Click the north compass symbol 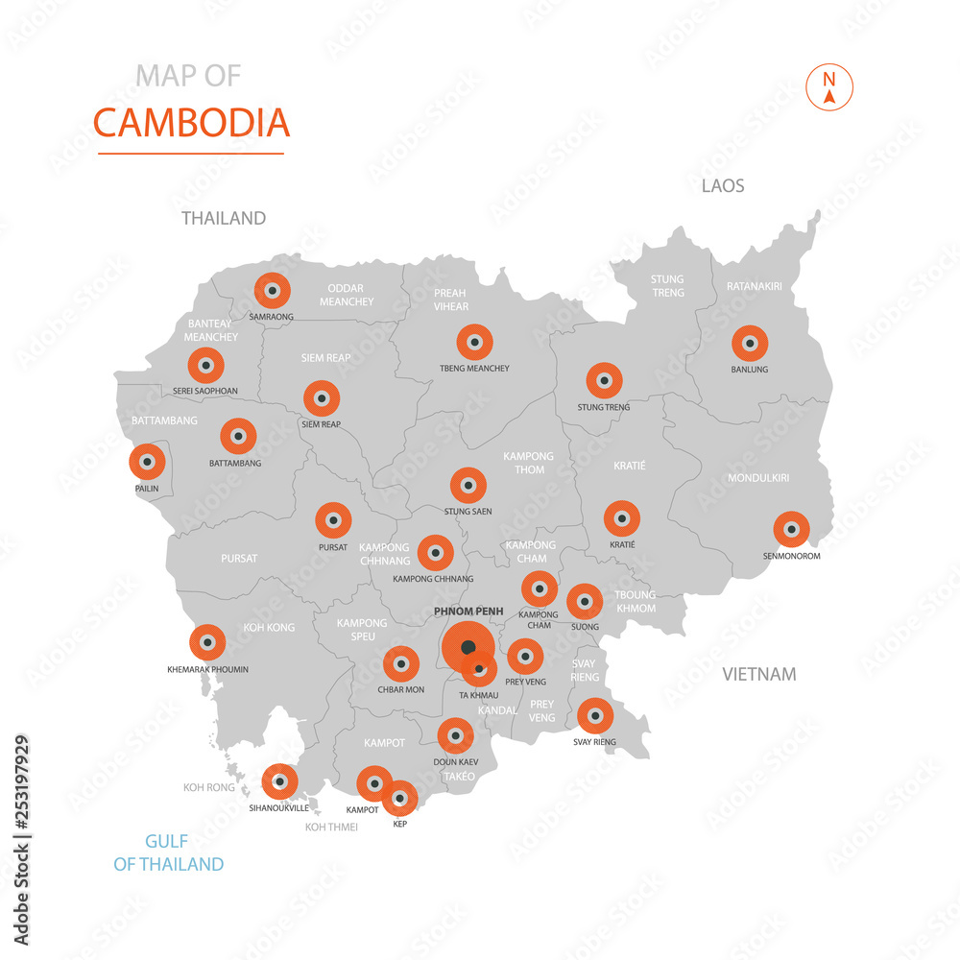(x=831, y=87)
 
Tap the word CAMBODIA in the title (x=191, y=123)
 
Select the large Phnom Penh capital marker (x=468, y=647)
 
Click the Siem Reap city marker (x=322, y=398)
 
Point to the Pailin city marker (x=147, y=462)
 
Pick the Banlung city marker (x=750, y=343)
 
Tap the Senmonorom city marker (x=791, y=529)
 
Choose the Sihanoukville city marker (x=279, y=781)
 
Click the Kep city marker (x=399, y=798)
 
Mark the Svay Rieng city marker (x=595, y=715)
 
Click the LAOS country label (x=723, y=186)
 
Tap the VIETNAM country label (x=759, y=674)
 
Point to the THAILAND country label (x=224, y=218)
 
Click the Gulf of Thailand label (x=169, y=852)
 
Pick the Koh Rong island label (x=209, y=788)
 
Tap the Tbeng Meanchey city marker (x=474, y=342)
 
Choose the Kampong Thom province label (x=529, y=463)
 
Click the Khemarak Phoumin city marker (x=207, y=642)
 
